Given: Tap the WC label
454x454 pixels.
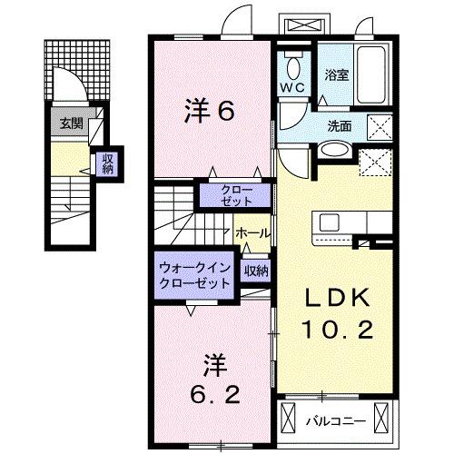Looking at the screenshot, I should coord(291,88).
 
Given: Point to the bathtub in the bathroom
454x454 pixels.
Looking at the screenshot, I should coord(374,64).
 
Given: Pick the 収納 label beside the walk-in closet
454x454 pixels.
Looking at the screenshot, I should coord(255,270).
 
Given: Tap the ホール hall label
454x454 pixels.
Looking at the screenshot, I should coord(252,233).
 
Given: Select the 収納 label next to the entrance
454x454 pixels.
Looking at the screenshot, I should coord(107,163).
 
